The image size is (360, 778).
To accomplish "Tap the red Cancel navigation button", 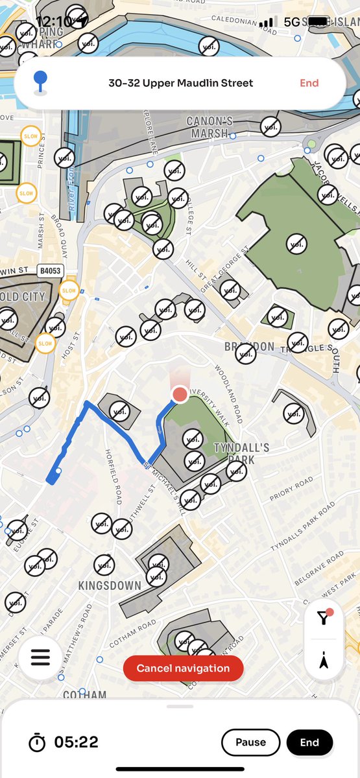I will tap(183, 668).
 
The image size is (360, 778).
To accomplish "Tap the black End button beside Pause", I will tap(309, 742).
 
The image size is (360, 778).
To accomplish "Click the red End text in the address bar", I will tap(309, 83).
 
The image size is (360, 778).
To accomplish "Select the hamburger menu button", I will tap(40, 657).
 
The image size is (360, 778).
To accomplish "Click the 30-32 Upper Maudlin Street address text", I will tap(181, 83).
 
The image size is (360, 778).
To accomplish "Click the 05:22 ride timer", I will tap(76, 742).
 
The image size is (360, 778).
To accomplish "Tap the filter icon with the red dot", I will tap(324, 617).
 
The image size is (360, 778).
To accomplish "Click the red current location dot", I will tap(180, 394).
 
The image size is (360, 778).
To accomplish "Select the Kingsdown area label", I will tap(110, 585).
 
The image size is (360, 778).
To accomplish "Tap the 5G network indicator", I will tap(293, 22).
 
